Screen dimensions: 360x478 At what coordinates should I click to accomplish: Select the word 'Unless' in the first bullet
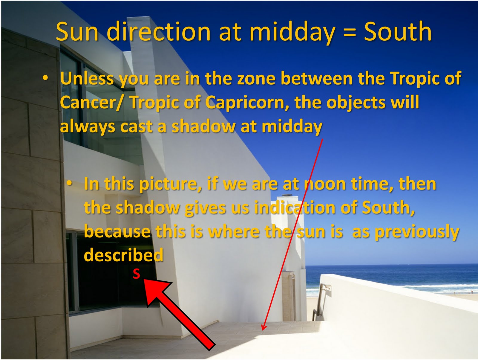(x=86, y=79)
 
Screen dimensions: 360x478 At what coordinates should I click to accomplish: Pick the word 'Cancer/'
(x=93, y=103)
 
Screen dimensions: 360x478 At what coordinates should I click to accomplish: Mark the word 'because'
(x=117, y=231)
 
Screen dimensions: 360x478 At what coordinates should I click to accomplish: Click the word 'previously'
(x=417, y=232)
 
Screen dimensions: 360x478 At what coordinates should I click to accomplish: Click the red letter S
(x=137, y=274)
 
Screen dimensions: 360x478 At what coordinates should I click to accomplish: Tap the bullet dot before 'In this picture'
(x=69, y=183)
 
